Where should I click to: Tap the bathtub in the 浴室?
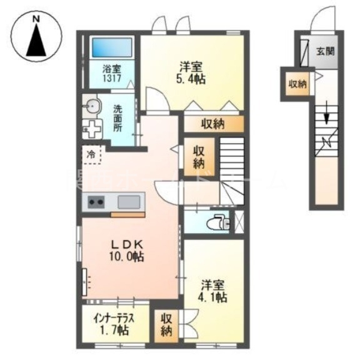click(x=112, y=48)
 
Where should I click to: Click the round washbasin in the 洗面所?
click(x=91, y=106)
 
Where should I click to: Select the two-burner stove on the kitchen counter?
click(x=96, y=202)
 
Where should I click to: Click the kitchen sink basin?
click(x=129, y=202)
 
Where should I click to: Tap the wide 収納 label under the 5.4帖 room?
click(x=212, y=124)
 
